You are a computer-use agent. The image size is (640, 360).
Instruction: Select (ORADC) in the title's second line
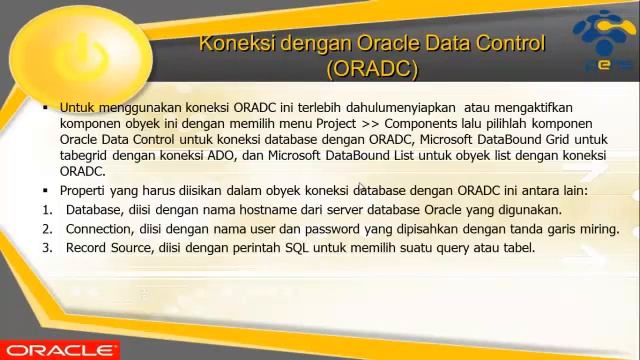[371, 69]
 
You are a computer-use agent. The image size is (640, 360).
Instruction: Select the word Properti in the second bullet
[85, 190]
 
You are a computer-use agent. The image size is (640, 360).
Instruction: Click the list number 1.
[46, 210]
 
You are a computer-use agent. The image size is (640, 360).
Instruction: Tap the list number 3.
[46, 247]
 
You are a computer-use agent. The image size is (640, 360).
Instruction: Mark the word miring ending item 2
[597, 229]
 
